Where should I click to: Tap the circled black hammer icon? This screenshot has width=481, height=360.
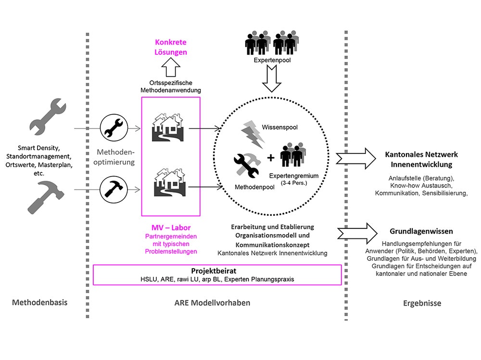(114, 186)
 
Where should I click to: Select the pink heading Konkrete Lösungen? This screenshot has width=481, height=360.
(171, 47)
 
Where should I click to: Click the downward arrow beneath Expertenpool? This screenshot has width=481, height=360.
(273, 79)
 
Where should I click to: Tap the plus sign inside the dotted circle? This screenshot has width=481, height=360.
(271, 158)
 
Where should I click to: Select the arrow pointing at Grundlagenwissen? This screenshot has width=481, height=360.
(357, 231)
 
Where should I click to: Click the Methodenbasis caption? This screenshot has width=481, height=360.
(39, 303)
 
